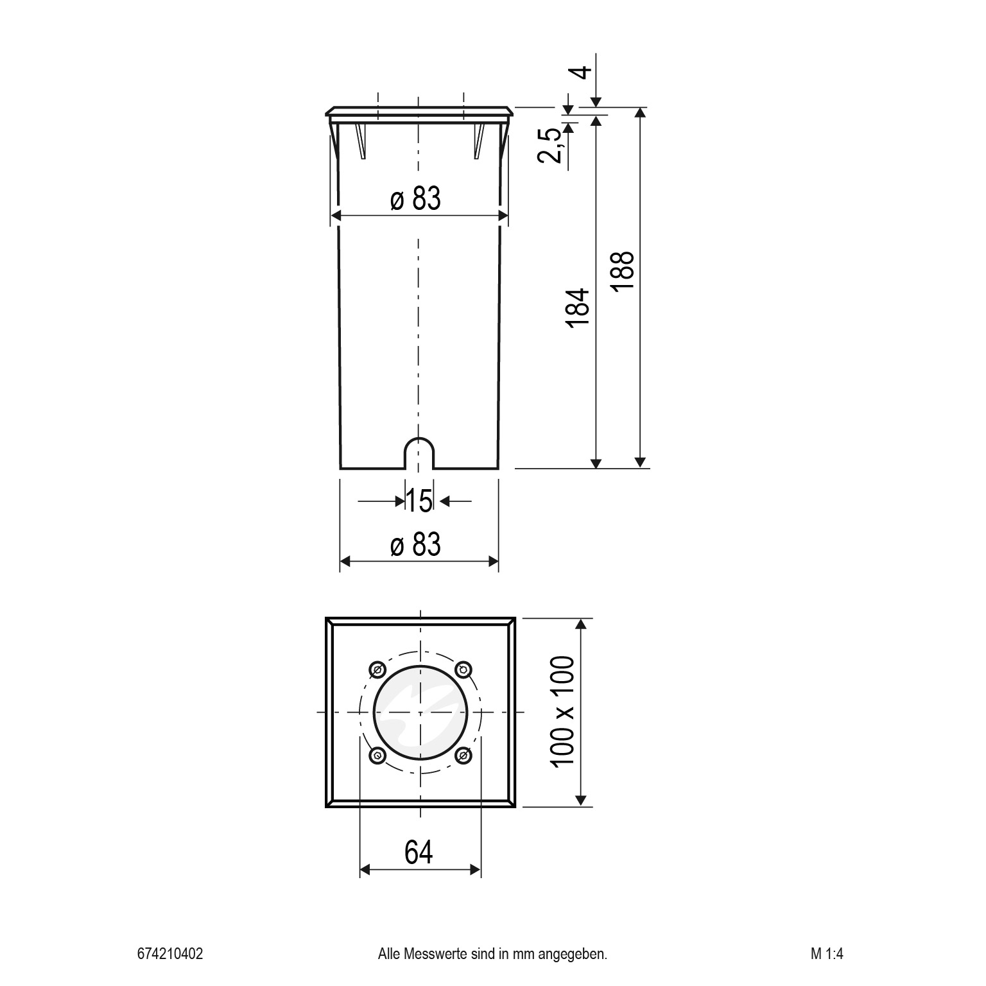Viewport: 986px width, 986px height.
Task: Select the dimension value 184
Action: tap(578, 309)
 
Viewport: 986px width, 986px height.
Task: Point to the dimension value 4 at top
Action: tap(581, 72)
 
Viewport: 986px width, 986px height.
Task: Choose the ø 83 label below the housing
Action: tap(416, 545)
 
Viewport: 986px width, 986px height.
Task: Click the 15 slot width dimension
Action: tap(419, 501)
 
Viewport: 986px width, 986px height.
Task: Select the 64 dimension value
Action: tap(419, 852)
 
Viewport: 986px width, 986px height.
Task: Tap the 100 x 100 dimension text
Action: tap(562, 711)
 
